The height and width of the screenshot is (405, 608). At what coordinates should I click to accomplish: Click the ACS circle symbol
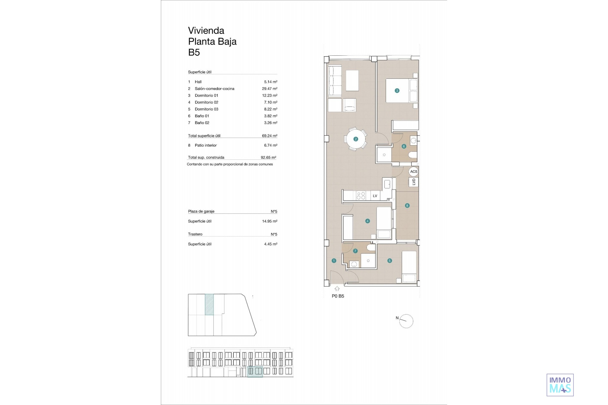tap(414, 171)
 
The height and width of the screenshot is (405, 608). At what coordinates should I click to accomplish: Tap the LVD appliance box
tap(414, 182)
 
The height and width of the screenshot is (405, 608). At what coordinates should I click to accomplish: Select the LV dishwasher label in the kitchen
tap(375, 196)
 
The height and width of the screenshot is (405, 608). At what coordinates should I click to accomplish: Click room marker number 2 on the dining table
tap(356, 139)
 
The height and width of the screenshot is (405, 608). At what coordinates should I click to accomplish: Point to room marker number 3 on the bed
tap(397, 90)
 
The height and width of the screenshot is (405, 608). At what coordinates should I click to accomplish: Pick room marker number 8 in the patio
tap(407, 206)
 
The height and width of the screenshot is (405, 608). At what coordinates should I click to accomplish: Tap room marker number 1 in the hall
tap(334, 261)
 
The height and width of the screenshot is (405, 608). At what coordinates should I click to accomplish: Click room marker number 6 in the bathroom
tap(404, 146)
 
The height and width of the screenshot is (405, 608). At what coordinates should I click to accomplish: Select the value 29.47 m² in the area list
tap(269, 89)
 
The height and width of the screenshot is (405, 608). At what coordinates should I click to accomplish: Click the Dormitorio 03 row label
tap(206, 109)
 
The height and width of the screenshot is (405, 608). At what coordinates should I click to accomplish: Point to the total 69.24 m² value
tap(269, 136)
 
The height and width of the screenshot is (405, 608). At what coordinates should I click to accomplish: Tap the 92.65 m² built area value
tap(268, 157)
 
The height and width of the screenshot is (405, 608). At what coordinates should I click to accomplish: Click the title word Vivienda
tap(206, 30)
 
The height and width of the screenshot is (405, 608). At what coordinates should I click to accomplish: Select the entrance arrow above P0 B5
tap(337, 289)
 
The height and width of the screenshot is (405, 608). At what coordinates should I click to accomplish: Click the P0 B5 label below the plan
tap(338, 296)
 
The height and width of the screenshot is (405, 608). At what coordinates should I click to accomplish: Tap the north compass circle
tap(407, 321)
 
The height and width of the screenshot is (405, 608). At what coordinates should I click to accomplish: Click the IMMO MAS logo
tap(560, 385)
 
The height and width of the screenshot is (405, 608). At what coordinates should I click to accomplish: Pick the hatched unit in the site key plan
tap(209, 304)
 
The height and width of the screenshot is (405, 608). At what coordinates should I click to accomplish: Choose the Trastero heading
tap(195, 234)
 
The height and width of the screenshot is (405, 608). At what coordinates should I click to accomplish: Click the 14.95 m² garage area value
tap(269, 221)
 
